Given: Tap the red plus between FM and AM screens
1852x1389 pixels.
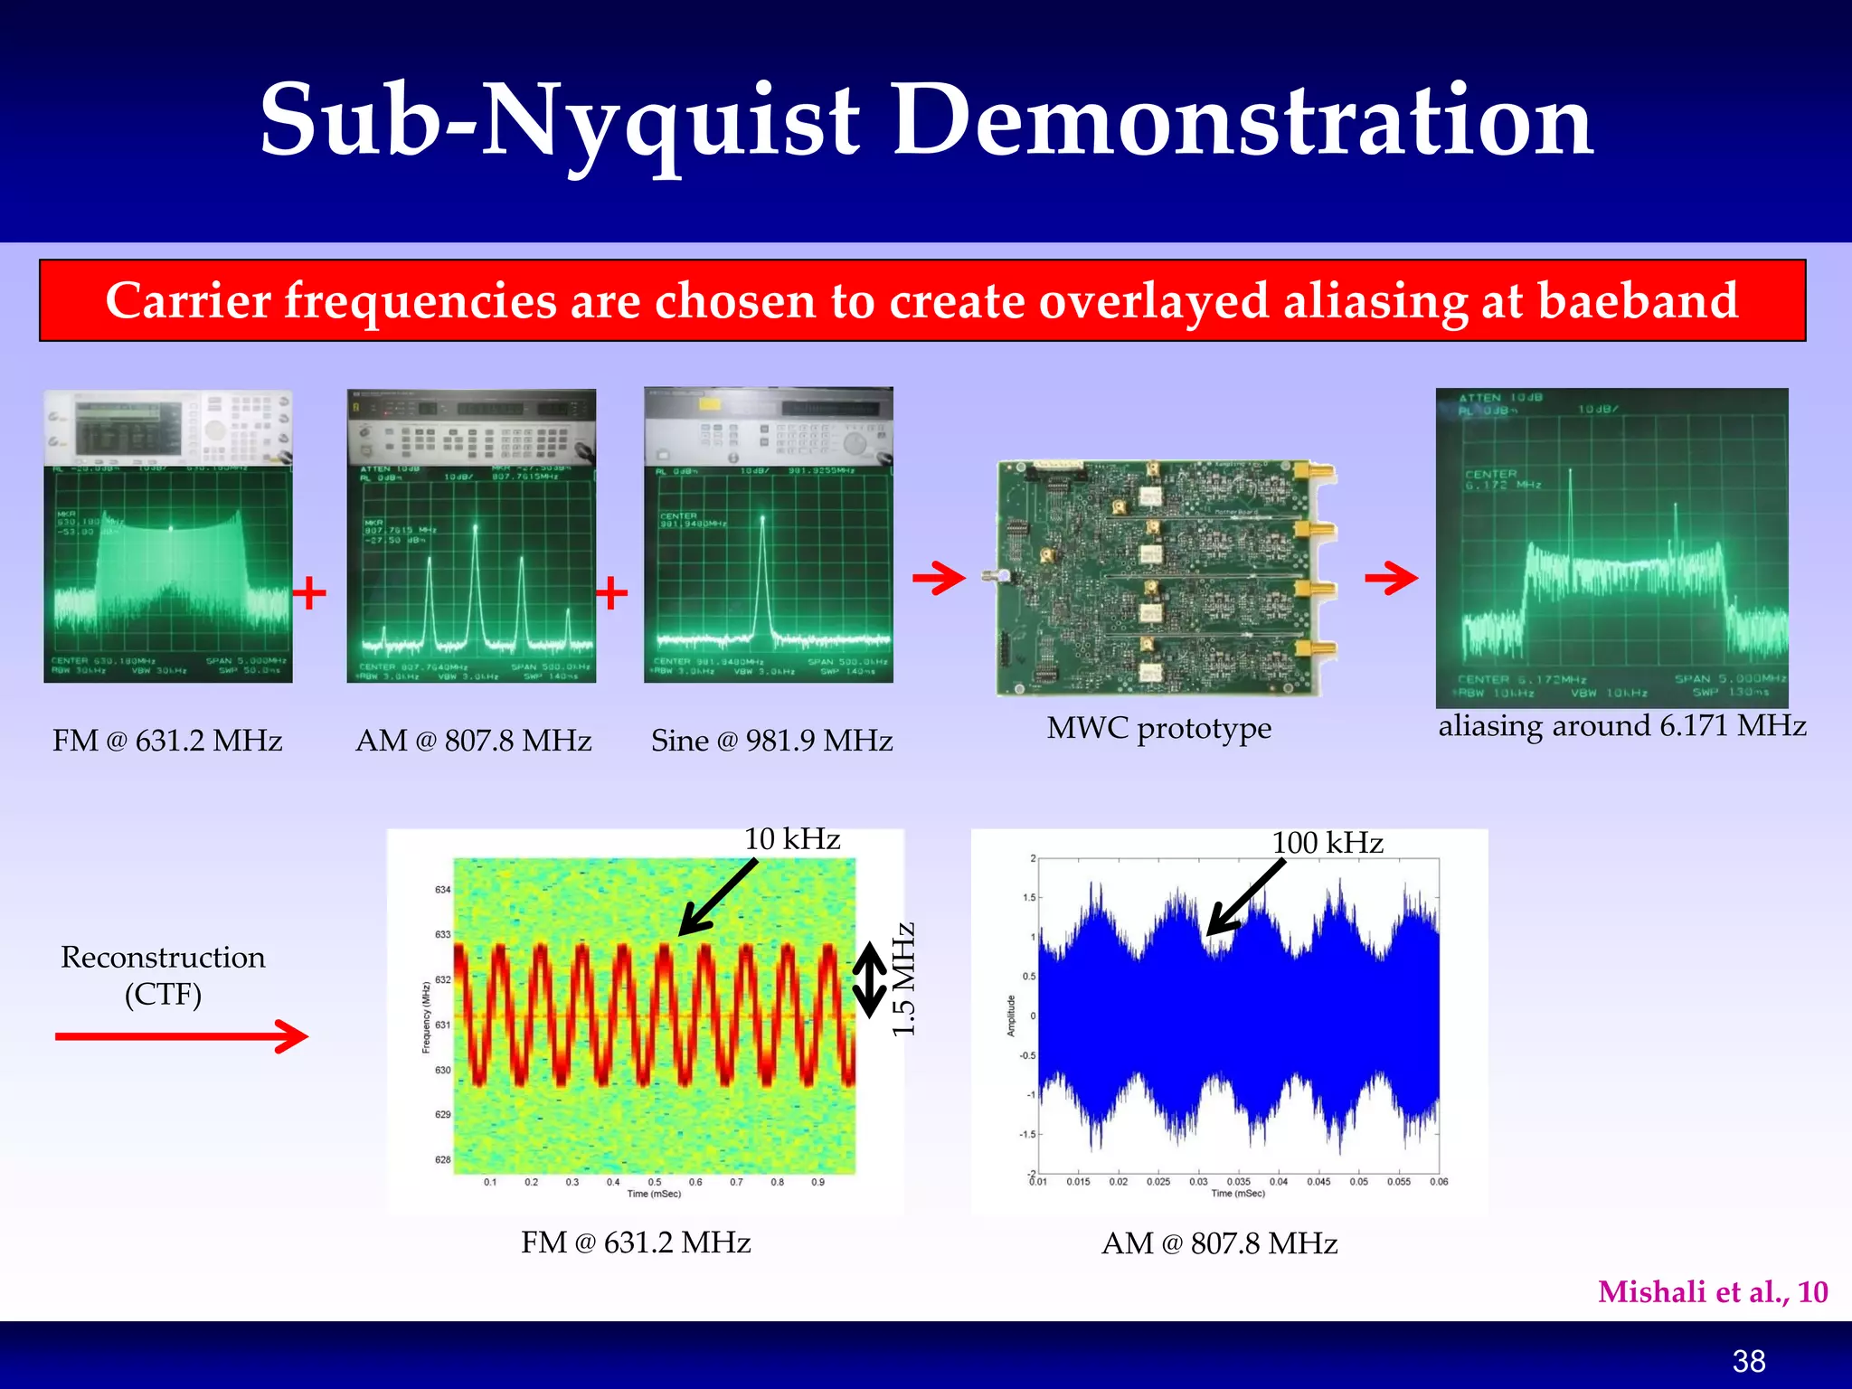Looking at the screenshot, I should click(309, 593).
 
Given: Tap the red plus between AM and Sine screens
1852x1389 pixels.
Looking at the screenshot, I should click(612, 593).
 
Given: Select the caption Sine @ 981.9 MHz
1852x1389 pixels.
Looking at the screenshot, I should click(771, 741).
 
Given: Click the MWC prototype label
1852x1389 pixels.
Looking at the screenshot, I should click(1158, 728).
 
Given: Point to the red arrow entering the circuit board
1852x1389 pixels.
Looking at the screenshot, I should click(939, 578).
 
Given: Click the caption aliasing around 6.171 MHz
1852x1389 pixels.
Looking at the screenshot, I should click(1622, 725).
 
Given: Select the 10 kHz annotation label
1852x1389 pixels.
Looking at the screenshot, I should click(792, 839).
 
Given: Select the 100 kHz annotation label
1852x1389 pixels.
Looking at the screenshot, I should click(1328, 843).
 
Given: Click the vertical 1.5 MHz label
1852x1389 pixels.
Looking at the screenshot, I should click(904, 979).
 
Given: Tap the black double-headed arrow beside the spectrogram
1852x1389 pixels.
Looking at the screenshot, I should click(870, 979).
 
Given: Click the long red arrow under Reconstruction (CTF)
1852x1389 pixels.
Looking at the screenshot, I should click(181, 1036).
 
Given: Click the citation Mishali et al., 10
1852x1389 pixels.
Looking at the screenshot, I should click(1713, 1291).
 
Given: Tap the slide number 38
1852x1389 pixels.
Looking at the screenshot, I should click(1749, 1361).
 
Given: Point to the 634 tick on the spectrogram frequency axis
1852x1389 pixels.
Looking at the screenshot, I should click(442, 890).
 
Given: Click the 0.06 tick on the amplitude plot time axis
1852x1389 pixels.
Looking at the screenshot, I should click(1439, 1182).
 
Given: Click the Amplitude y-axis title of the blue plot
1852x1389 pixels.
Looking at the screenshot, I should click(1012, 1016).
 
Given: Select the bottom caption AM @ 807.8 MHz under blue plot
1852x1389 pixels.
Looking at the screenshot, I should click(1219, 1243).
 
